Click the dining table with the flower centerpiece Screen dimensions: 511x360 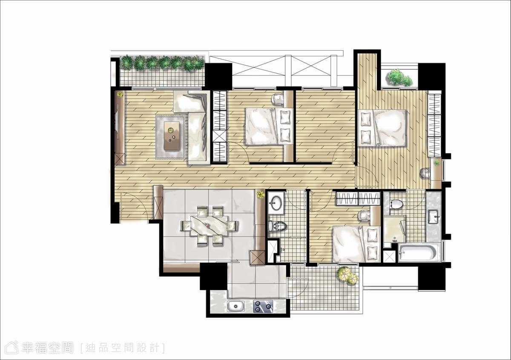(210, 225)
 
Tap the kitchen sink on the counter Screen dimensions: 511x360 (236, 306)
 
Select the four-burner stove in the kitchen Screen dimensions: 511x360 (263, 306)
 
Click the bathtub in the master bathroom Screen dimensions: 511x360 (418, 253)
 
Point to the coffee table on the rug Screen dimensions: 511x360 (172, 135)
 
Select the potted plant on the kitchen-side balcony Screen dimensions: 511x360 (347, 276)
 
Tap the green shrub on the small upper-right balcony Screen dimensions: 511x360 (399, 78)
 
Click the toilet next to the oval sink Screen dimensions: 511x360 (277, 226)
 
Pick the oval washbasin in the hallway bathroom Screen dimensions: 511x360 (276, 203)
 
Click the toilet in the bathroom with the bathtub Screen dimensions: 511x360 (396, 204)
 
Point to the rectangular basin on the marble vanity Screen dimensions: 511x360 (434, 216)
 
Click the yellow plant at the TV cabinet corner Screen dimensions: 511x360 (120, 94)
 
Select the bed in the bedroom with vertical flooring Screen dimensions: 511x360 (382, 127)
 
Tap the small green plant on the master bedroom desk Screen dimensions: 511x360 (436, 163)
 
